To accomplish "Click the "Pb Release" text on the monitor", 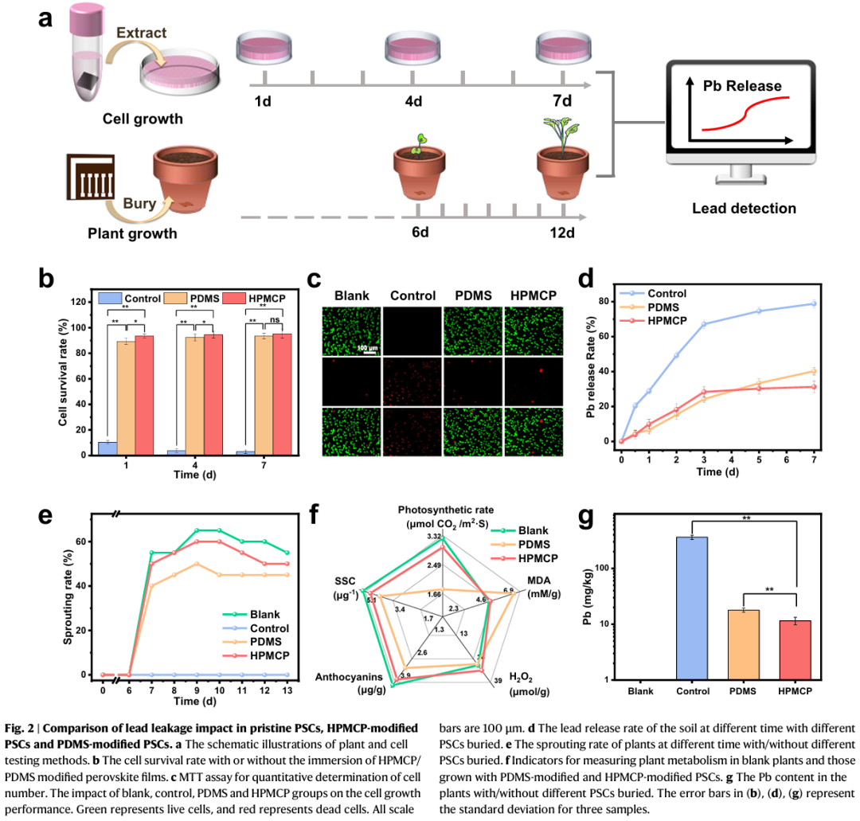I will coord(741,85).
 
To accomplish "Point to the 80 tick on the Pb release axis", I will coord(609,301).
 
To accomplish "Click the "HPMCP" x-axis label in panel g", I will coord(795,691).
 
